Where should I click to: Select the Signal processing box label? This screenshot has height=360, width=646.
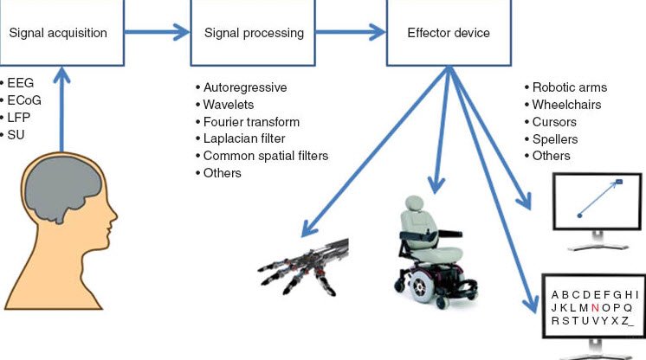pos(254,34)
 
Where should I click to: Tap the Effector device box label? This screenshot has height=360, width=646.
pos(448,34)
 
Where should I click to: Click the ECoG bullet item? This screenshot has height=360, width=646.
pos(26,100)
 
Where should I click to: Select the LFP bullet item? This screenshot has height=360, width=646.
pos(23,118)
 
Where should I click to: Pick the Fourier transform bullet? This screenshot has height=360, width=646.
pos(250,122)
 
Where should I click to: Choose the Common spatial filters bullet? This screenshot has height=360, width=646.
pos(263,156)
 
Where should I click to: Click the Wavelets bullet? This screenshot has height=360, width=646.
pos(229,105)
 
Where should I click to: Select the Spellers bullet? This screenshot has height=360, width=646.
pos(555,139)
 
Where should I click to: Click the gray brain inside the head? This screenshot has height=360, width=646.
pos(61,194)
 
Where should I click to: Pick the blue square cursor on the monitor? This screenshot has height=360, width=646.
pos(619,182)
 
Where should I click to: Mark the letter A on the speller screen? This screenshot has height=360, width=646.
pos(555,294)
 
